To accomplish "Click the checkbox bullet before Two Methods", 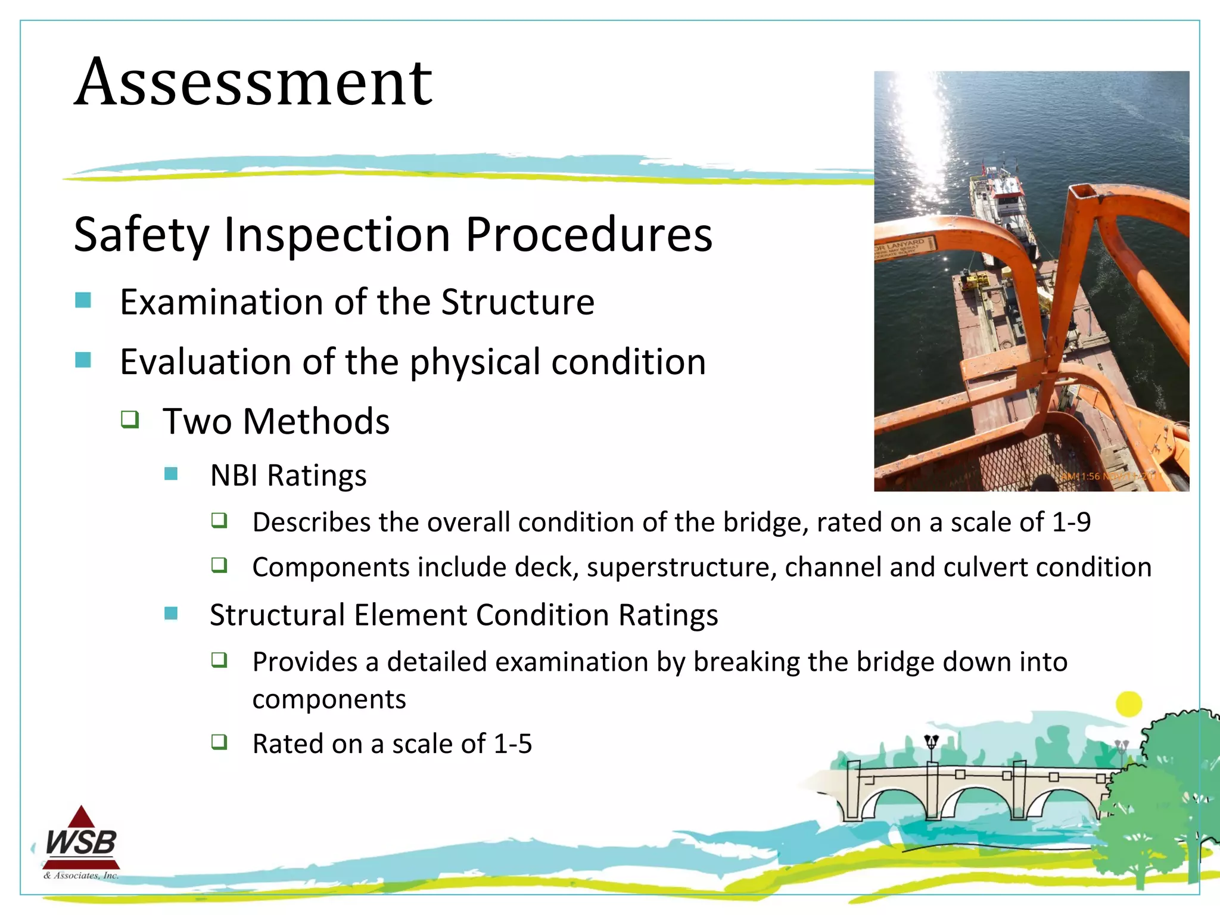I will click(130, 419).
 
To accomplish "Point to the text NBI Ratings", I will click(288, 475).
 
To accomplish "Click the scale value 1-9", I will click(1071, 522).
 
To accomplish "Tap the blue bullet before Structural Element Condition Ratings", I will click(171, 613).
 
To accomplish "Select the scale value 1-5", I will click(513, 744).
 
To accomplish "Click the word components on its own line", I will click(329, 699).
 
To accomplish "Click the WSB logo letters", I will click(82, 842).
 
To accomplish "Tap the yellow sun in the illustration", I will click(1128, 704).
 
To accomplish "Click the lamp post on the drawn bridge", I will click(931, 748).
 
